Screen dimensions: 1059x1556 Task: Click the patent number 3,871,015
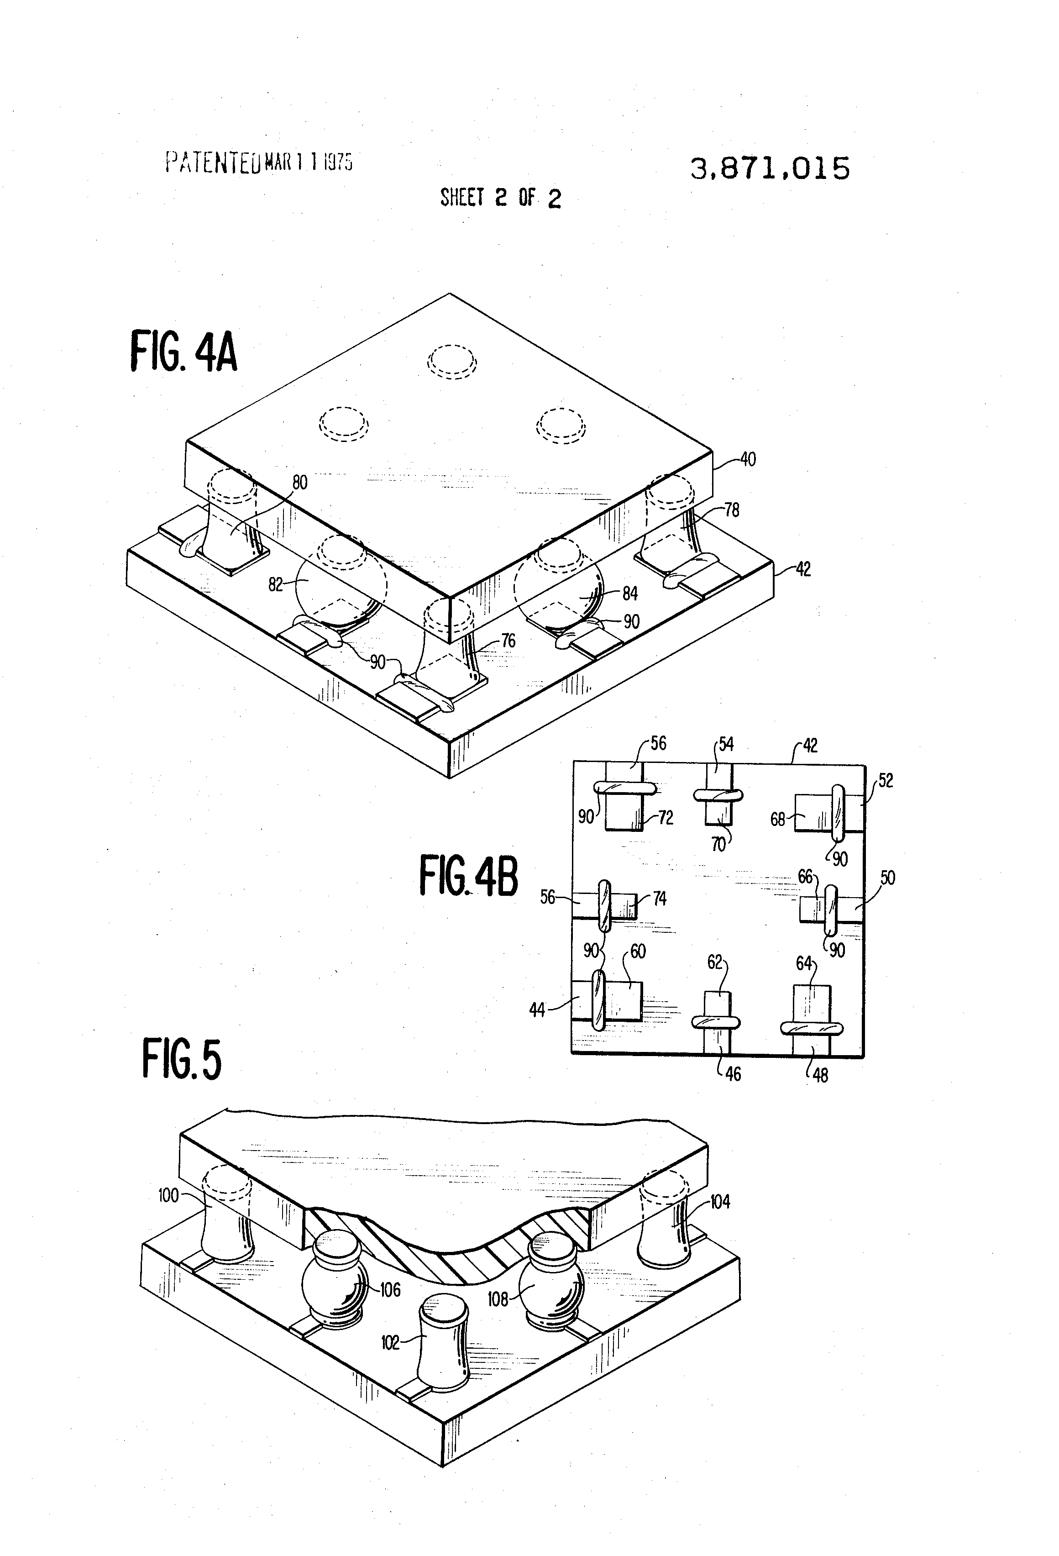tap(770, 169)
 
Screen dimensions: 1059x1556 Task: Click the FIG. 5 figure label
tap(181, 1058)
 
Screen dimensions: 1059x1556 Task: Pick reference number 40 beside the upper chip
tap(747, 459)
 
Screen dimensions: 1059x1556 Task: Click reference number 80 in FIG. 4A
tap(300, 482)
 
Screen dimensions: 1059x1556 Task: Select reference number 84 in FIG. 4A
tap(629, 593)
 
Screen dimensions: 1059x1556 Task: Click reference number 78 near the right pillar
tap(732, 510)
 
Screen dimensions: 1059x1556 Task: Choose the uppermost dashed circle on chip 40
tap(452, 362)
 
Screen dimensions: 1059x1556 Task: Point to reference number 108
tap(498, 1299)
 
